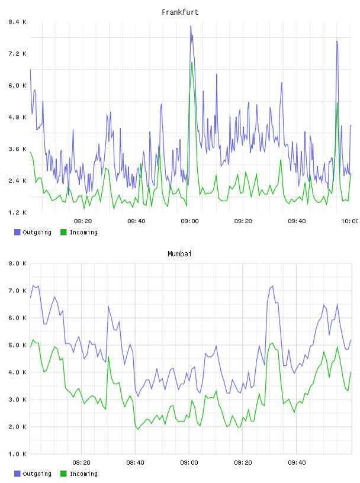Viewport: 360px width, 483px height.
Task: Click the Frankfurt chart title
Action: (x=180, y=12)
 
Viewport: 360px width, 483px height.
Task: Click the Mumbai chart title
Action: (x=179, y=254)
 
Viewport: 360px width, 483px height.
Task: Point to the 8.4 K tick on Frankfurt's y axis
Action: (x=18, y=22)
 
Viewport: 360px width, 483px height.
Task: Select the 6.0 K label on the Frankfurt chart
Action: (x=18, y=85)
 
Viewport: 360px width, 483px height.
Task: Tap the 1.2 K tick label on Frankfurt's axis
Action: (x=18, y=212)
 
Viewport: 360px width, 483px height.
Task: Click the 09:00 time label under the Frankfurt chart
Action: (x=189, y=221)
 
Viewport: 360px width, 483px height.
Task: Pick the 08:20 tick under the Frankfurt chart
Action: (x=83, y=221)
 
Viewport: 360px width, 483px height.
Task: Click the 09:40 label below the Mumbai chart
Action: (x=297, y=462)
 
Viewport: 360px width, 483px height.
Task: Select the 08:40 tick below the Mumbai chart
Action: (x=135, y=462)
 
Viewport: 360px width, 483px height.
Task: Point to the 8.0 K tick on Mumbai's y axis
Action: (x=18, y=263)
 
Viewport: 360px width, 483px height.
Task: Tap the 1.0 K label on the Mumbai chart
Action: (x=18, y=454)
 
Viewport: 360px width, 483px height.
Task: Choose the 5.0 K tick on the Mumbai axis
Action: (x=18, y=345)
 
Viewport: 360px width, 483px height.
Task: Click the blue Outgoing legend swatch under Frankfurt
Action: (x=17, y=232)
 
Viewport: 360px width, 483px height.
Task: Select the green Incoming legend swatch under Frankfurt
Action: (x=63, y=232)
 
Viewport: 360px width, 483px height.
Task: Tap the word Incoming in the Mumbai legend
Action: (x=83, y=474)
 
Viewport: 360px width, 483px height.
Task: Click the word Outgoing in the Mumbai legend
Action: (x=37, y=474)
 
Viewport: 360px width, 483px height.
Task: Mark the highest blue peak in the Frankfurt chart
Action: (x=191, y=26)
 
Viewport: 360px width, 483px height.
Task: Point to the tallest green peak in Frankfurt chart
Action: (x=192, y=63)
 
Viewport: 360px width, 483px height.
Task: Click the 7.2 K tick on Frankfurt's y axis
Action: (x=18, y=54)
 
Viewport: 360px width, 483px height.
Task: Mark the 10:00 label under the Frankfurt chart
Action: (x=350, y=221)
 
